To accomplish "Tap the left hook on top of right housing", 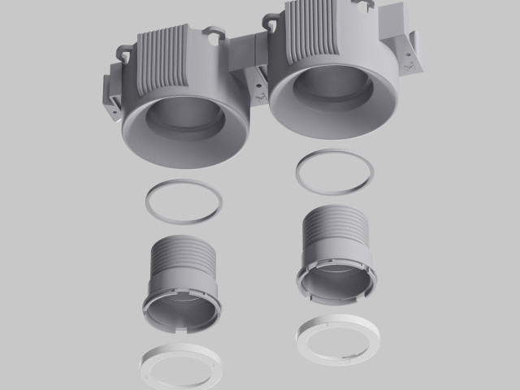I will pos(272,16).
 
